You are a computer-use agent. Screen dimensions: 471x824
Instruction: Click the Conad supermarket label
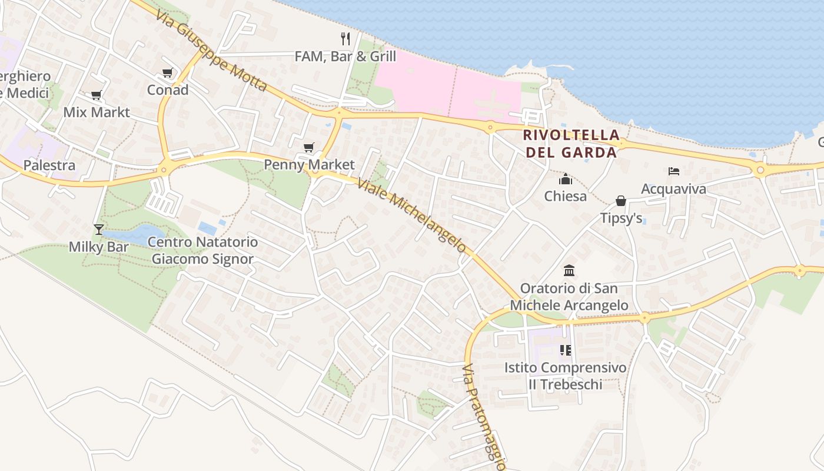pyautogui.click(x=168, y=90)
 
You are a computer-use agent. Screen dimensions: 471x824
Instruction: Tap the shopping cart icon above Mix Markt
pyautogui.click(x=96, y=95)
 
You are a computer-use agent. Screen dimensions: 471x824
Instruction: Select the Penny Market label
pyautogui.click(x=309, y=165)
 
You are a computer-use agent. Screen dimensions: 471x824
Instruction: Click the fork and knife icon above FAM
pyautogui.click(x=345, y=39)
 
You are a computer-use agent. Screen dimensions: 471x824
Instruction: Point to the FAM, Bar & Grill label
pyautogui.click(x=345, y=57)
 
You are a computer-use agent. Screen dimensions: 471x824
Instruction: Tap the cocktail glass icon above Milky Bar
pyautogui.click(x=98, y=229)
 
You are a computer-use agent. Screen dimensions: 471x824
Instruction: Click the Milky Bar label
pyautogui.click(x=98, y=247)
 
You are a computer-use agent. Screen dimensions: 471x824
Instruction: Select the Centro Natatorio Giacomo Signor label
pyautogui.click(x=202, y=250)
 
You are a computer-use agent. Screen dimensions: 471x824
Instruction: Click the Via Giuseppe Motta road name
pyautogui.click(x=212, y=50)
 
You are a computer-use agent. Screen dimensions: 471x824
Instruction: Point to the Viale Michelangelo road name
pyautogui.click(x=412, y=215)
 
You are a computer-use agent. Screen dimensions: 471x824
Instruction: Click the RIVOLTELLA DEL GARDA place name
pyautogui.click(x=571, y=144)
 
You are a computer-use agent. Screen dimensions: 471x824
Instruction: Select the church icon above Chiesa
pyautogui.click(x=566, y=179)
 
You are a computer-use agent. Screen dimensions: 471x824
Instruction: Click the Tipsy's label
pyautogui.click(x=621, y=218)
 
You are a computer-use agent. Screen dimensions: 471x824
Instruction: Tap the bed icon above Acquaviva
pyautogui.click(x=674, y=171)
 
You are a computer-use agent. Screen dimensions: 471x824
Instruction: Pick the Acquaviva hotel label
pyautogui.click(x=673, y=189)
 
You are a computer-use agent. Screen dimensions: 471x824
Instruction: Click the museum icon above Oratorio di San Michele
pyautogui.click(x=569, y=271)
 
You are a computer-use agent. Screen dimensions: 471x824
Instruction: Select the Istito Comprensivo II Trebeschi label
pyautogui.click(x=565, y=376)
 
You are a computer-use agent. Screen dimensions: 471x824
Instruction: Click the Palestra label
pyautogui.click(x=49, y=165)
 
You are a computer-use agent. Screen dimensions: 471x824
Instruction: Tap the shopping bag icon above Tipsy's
pyautogui.click(x=620, y=201)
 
